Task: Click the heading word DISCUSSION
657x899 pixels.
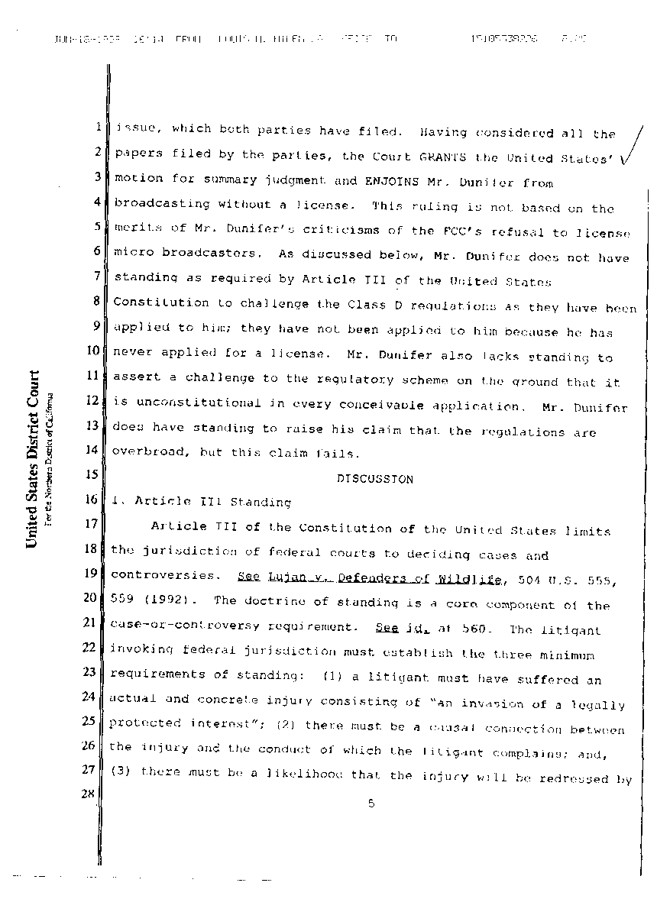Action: click(x=374, y=479)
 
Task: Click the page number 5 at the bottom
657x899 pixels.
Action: click(x=369, y=803)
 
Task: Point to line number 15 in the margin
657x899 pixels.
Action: click(x=92, y=474)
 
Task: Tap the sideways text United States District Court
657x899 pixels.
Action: click(x=33, y=458)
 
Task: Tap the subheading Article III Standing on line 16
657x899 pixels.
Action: click(x=212, y=502)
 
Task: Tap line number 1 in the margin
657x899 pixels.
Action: click(x=99, y=128)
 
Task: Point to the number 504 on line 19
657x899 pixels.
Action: click(x=529, y=580)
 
